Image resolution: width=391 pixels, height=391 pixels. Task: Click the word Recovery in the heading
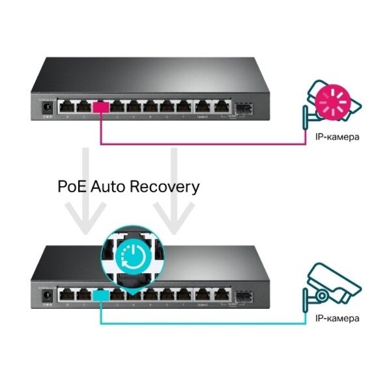pos(164,188)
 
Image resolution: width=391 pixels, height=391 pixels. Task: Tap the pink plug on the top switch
pos(101,108)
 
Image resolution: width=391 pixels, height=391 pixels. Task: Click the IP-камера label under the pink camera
pos(337,138)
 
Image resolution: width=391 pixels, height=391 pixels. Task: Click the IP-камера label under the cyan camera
pos(337,319)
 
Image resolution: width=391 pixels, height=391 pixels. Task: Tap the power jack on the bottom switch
pos(46,295)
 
